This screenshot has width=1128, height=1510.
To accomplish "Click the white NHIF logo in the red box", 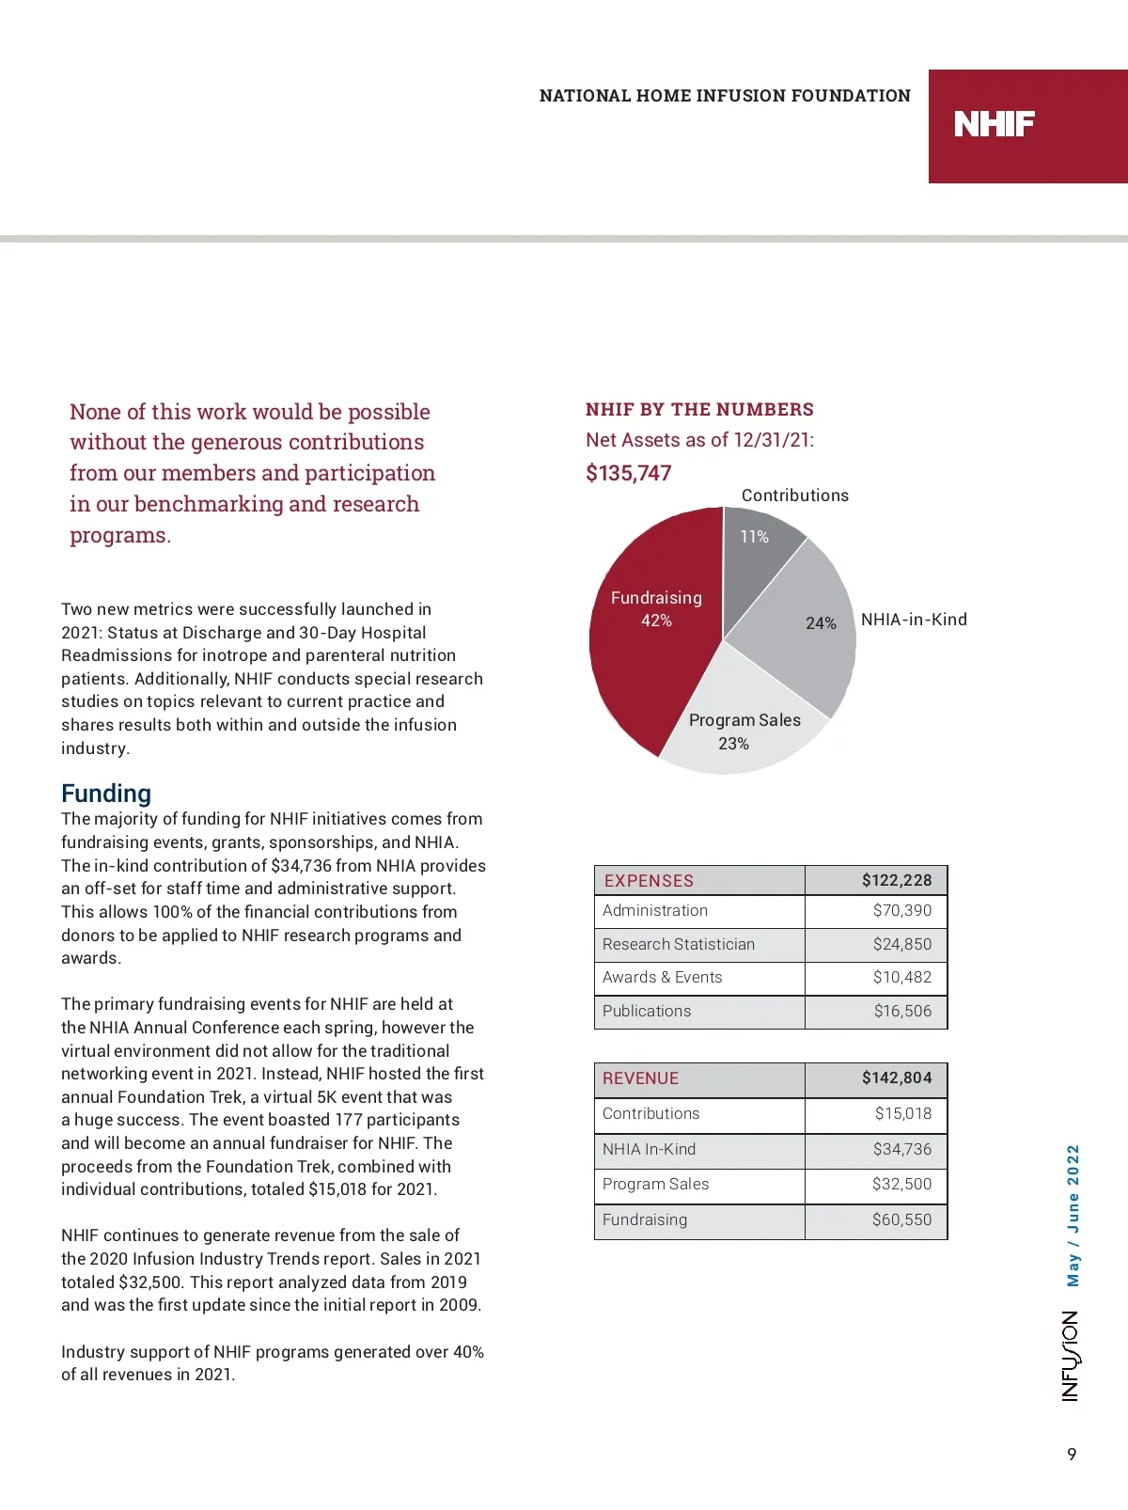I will [x=994, y=124].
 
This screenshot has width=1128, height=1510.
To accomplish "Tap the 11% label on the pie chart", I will [x=754, y=537].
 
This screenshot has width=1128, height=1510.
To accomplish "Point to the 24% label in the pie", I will [x=821, y=623].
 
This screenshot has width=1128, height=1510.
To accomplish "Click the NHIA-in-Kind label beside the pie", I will [x=914, y=620].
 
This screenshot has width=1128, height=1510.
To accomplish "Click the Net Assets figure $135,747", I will [x=628, y=473].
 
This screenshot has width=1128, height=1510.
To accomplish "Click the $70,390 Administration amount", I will [x=901, y=910].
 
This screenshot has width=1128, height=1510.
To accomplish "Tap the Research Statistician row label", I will [x=678, y=944].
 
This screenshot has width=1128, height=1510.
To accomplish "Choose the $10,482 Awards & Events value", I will [x=901, y=977].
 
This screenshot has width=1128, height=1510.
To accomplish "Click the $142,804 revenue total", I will [x=897, y=1077].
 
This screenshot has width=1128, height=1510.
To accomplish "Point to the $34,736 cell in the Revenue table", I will [x=901, y=1149].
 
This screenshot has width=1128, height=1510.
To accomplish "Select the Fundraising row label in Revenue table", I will [x=645, y=1219].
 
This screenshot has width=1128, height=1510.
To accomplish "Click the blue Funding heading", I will [x=106, y=794].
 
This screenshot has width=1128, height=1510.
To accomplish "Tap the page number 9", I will [x=1072, y=1455].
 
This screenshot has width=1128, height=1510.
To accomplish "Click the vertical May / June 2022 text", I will [x=1073, y=1215].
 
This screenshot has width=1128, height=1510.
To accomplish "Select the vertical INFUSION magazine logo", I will [x=1071, y=1356].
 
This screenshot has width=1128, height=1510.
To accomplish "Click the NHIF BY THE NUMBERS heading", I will [x=699, y=409].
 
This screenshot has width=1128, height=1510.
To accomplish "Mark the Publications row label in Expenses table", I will [x=647, y=1011].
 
